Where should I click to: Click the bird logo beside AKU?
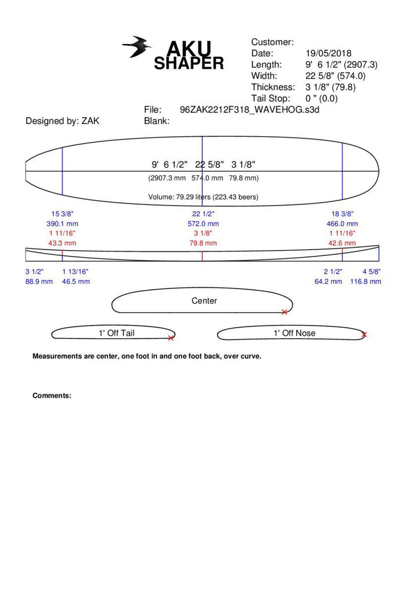point(137,47)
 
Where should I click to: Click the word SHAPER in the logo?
point(189,64)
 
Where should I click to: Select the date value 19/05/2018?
point(328,53)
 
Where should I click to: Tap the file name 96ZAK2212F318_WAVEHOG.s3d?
point(249,109)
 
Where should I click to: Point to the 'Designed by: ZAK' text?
point(62,121)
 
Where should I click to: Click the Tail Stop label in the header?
point(270,98)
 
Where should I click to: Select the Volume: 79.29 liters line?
point(203,197)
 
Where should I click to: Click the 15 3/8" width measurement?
point(63,214)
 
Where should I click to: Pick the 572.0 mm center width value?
point(202,224)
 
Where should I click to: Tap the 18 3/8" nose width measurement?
point(342,214)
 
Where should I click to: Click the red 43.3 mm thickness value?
point(63,243)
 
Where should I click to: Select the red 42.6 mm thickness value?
point(342,243)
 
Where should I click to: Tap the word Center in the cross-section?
point(204,301)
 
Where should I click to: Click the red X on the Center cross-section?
point(284,312)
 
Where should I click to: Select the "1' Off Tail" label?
point(116,333)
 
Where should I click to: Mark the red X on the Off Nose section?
point(364,334)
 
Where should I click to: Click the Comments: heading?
point(52,396)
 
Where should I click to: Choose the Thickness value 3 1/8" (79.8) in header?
point(331,87)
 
